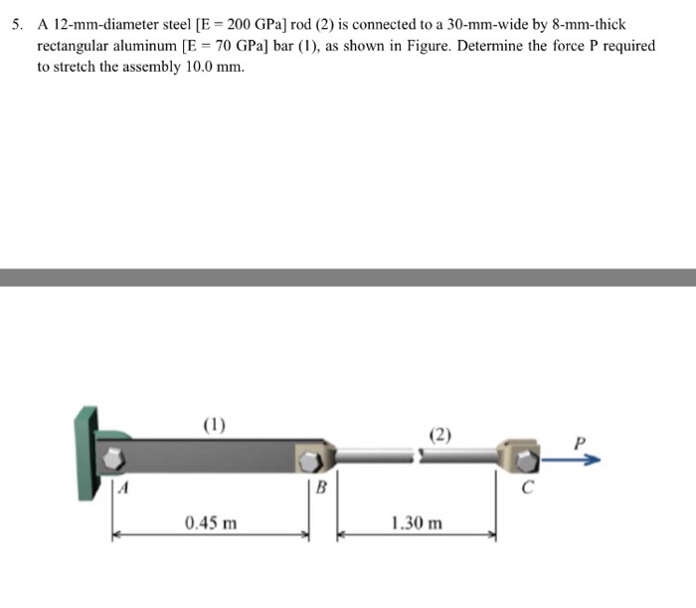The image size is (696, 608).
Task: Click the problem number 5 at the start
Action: [16, 24]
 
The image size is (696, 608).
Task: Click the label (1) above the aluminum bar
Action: [214, 423]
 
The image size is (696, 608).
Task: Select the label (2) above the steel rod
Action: [441, 434]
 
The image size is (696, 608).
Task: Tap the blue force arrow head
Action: [594, 460]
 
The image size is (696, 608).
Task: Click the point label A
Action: [122, 487]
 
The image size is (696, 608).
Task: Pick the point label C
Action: [528, 487]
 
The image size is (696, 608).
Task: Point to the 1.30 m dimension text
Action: [417, 521]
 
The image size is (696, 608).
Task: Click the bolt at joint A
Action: [116, 459]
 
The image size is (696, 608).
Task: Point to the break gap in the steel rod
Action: [419, 456]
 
